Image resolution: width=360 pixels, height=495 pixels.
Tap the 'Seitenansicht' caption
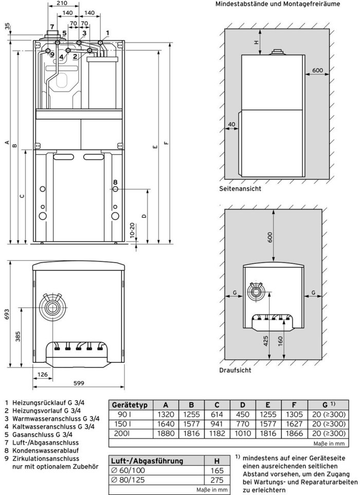coord(240,189)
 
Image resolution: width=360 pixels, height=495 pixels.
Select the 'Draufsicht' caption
coord(235,370)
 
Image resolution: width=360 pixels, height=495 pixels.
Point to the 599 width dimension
coord(78,383)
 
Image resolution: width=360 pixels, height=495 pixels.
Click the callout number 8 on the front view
coord(115,182)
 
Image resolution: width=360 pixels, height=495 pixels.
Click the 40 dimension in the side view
coord(231,125)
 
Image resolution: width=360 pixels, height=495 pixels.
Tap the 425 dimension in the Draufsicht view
coord(266,341)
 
